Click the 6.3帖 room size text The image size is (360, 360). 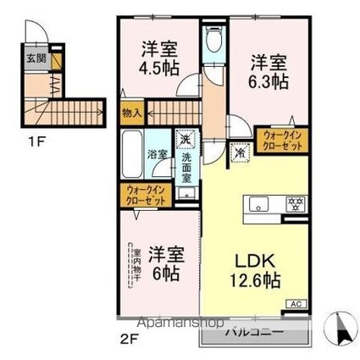pos(266,82)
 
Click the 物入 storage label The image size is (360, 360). pos(131,111)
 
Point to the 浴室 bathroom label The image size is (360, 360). pos(156,155)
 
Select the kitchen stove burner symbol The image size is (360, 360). pos(296,202)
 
